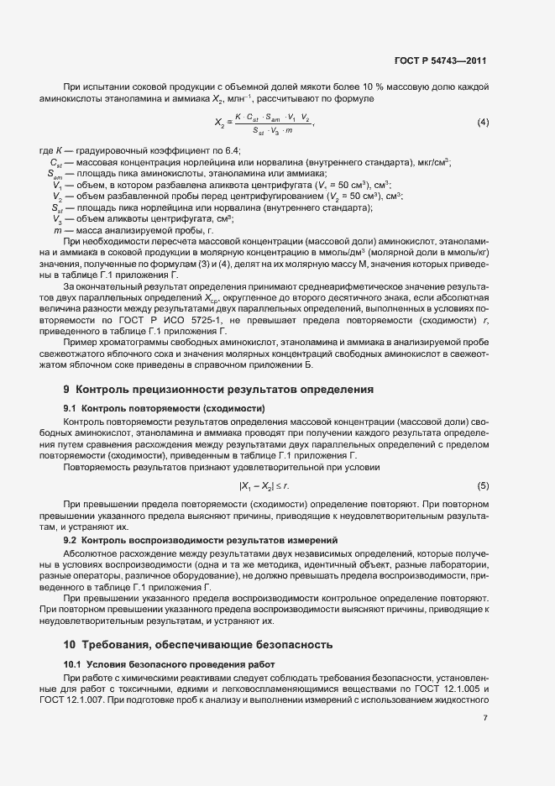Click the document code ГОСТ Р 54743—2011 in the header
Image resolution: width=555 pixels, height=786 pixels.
click(441, 61)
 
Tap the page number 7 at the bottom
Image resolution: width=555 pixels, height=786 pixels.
click(484, 718)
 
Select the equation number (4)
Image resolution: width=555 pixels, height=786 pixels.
click(483, 123)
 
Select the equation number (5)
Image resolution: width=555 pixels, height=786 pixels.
click(483, 486)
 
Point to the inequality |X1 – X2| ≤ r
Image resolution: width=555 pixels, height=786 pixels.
click(264, 486)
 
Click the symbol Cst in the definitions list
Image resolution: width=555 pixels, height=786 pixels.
click(56, 162)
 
